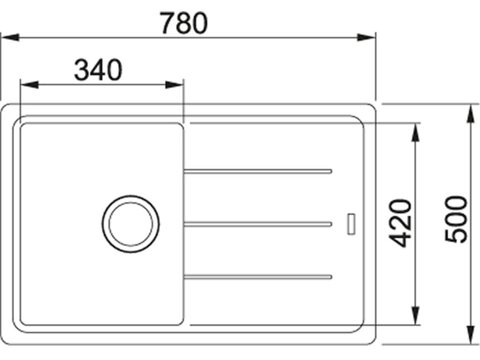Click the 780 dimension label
coord(184,23)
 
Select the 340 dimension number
coord(98,70)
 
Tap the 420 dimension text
coord(401,223)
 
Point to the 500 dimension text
coord(456,219)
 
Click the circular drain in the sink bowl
coord(131,224)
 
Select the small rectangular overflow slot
coord(352,224)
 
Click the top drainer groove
coord(258,171)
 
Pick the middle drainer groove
coord(258,224)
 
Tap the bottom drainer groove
coord(258,277)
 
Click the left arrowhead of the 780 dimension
coord(10,37)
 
